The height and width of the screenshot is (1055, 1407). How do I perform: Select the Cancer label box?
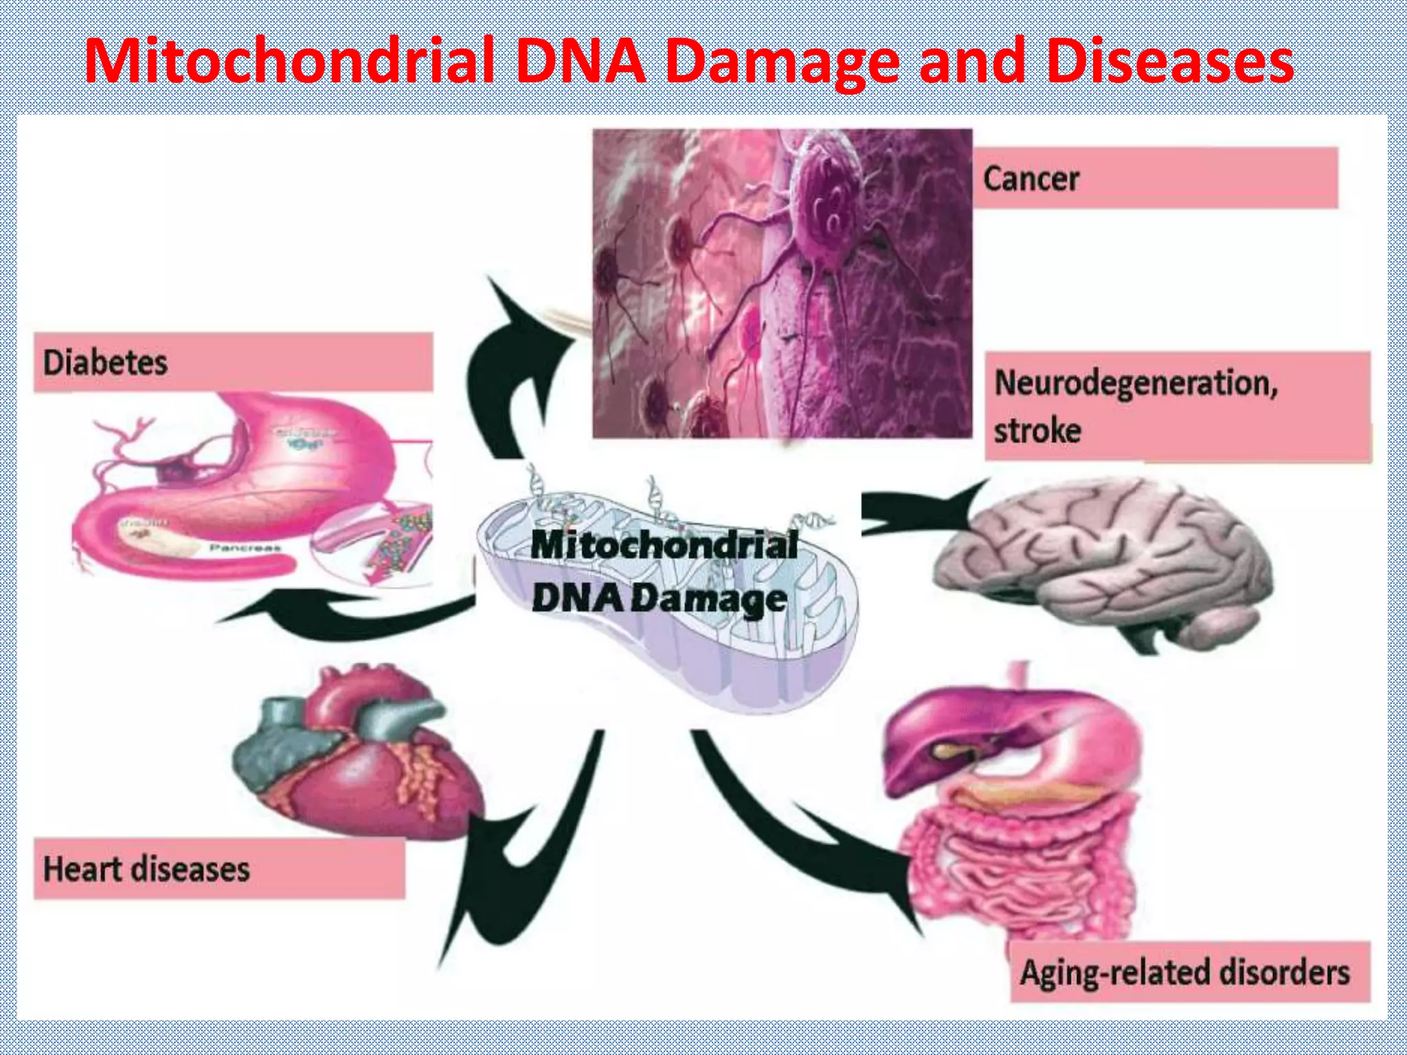[1154, 179]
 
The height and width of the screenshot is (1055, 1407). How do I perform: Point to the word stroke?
[1037, 431]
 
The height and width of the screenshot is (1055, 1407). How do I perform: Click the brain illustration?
[1106, 563]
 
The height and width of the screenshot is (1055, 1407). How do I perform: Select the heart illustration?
[357, 756]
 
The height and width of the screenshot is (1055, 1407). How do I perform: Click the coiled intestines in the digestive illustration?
[1017, 872]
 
